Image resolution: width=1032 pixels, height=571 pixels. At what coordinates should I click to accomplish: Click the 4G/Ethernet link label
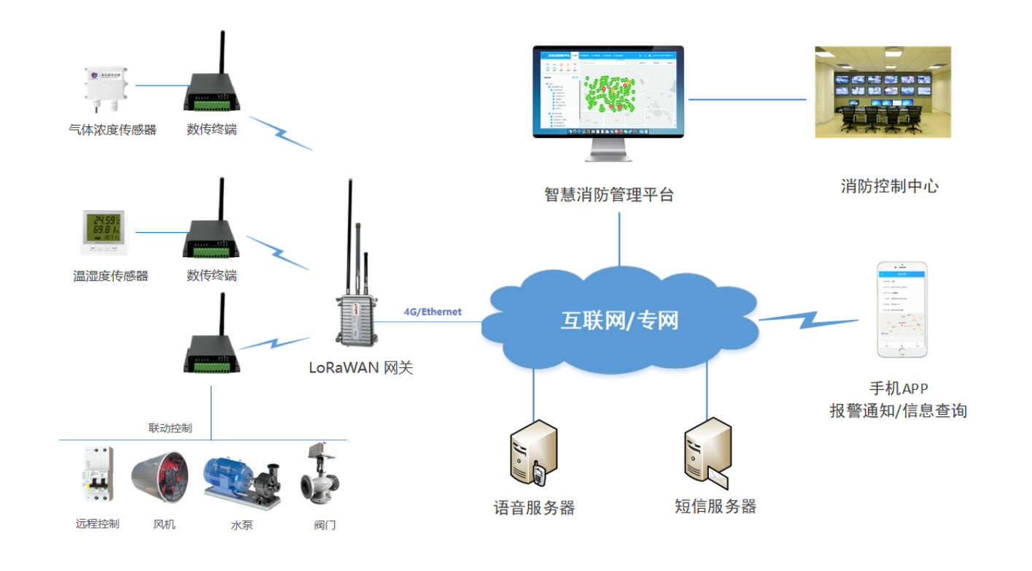click(432, 312)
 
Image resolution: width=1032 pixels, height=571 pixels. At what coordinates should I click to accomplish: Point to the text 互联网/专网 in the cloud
click(619, 320)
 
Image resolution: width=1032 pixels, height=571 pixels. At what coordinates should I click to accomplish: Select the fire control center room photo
click(882, 92)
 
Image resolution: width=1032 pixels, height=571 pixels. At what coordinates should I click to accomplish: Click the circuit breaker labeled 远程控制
click(97, 475)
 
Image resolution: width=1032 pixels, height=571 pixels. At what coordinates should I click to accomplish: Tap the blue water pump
click(241, 478)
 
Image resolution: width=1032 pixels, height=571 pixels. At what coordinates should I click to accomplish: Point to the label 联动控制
click(170, 428)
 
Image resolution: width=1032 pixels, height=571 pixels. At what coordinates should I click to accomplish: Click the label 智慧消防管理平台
click(609, 195)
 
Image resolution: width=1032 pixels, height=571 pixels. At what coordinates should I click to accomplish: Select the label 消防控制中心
click(889, 186)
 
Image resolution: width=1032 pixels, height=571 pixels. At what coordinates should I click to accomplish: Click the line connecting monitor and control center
click(748, 99)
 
